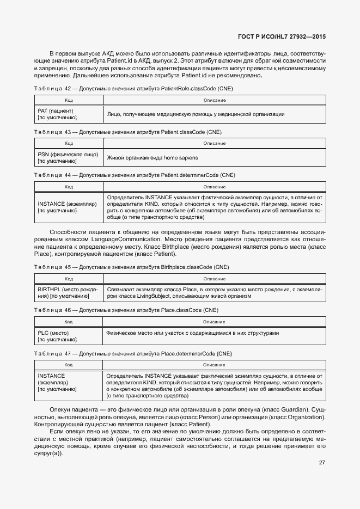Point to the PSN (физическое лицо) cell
click(68, 157)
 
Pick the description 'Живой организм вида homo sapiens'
click(152, 157)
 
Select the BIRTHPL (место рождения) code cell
click(68, 293)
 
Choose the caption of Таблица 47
click(133, 353)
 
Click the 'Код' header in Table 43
click(69, 143)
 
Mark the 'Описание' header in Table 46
click(215, 322)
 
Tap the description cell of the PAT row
click(215, 114)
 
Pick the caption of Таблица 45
click(131, 267)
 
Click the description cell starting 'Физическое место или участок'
click(215, 333)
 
